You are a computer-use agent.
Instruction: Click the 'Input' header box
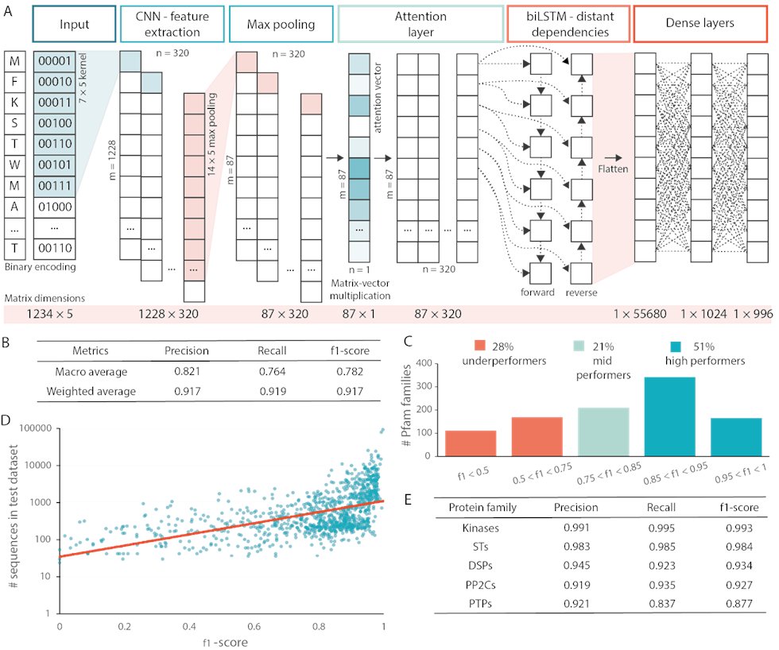click(74, 25)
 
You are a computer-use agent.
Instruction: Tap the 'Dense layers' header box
click(700, 25)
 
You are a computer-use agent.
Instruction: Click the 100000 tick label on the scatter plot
click(34, 429)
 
